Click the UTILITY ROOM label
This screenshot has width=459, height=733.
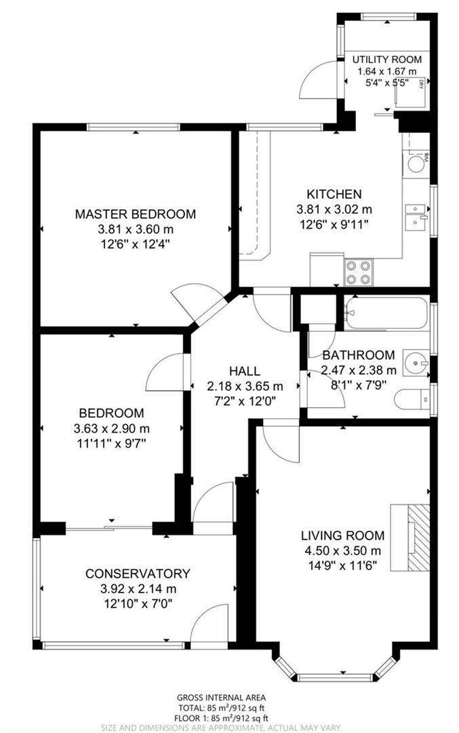pos(387,59)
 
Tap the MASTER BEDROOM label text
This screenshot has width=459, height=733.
pos(135,214)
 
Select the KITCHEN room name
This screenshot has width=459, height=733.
pos(334,194)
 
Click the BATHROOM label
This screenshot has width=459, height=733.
pos(358,355)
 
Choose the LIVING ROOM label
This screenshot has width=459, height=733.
pos(342,535)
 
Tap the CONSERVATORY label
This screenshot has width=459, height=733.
pos(138,574)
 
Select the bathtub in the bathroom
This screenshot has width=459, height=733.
pos(385,312)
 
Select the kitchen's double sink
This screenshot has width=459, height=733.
pos(415,217)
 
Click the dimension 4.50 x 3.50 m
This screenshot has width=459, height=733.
pos(342,550)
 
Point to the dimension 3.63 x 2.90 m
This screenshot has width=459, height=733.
pos(112,428)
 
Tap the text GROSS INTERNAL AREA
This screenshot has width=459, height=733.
pos(221,697)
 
